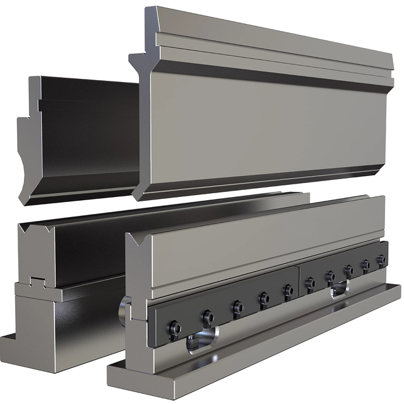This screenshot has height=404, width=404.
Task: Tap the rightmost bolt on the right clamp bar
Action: pos(381,259)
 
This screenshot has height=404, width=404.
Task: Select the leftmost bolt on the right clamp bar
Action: pos(309,283)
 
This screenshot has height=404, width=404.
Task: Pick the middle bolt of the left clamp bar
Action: pos(237,307)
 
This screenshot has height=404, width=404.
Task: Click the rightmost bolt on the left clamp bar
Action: pos(288,290)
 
